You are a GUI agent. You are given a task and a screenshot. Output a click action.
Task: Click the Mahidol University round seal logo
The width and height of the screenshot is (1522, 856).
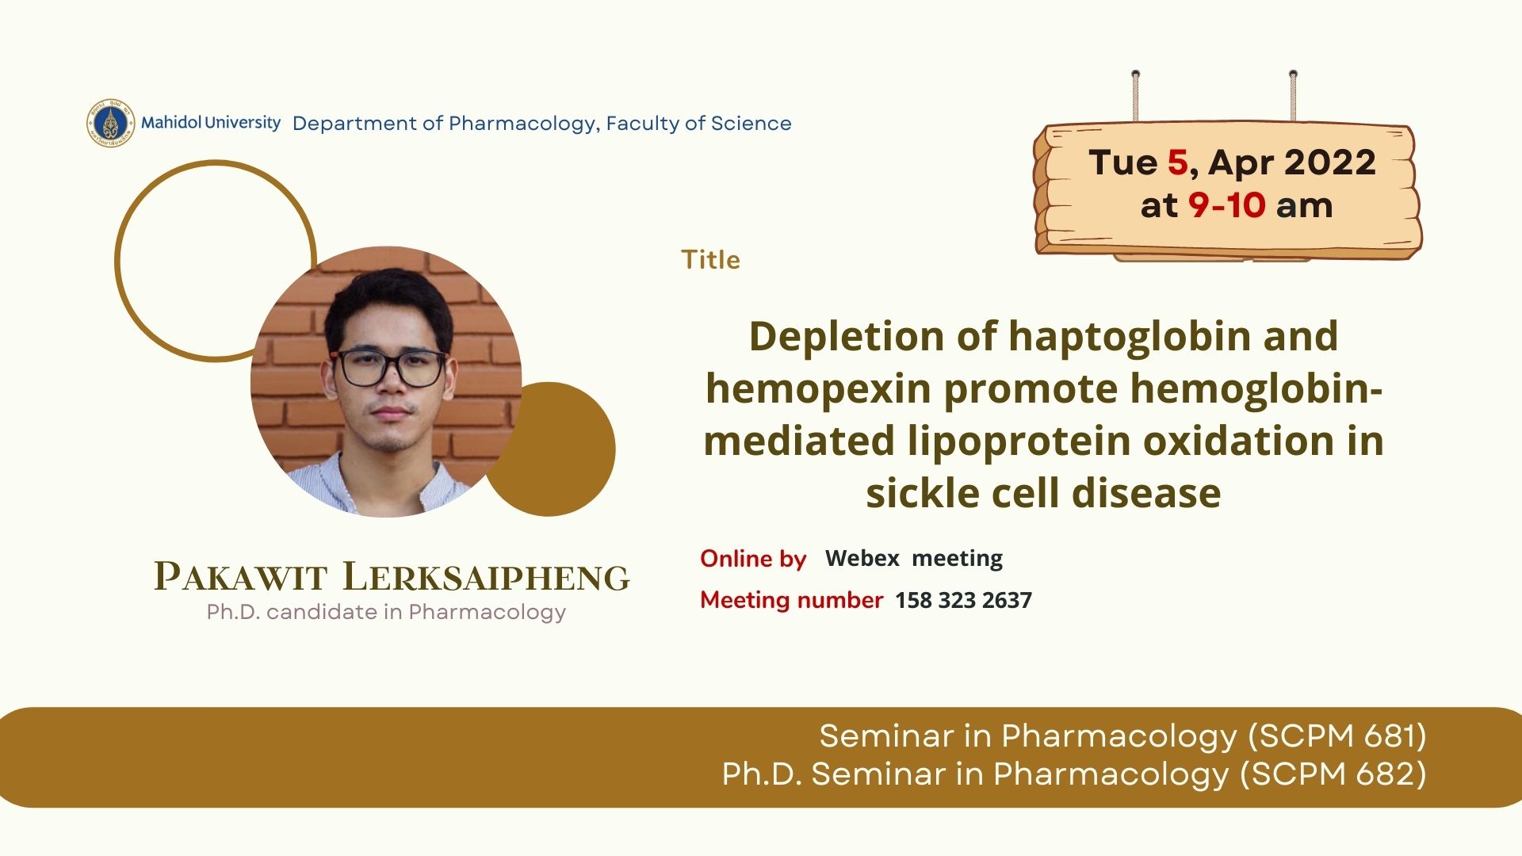point(111,124)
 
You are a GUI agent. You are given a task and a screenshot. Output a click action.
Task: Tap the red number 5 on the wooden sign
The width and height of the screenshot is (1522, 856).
point(1177,162)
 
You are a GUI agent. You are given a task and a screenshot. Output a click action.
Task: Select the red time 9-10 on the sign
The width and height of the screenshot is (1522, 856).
point(1226,205)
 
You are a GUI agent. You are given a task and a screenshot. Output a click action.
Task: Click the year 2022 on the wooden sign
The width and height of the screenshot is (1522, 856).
point(1330,162)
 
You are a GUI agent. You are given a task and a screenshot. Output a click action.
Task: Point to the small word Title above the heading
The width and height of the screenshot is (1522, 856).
point(710,260)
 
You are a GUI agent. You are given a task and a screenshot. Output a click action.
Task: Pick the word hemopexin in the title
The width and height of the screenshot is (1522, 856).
point(818,389)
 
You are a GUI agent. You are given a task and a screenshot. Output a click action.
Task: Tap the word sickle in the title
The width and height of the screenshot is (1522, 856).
point(922,493)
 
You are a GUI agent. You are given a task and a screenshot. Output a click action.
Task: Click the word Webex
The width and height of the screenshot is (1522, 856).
point(862,559)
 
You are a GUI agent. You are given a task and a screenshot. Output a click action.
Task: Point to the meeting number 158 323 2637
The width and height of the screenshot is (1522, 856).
point(963,600)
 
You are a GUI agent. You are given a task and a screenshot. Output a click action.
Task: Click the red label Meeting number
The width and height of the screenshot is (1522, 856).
point(791,600)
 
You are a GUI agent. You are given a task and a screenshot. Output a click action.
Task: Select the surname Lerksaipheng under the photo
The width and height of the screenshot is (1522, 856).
point(486,576)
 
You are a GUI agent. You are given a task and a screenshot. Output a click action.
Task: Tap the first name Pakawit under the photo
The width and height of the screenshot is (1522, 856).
point(240,576)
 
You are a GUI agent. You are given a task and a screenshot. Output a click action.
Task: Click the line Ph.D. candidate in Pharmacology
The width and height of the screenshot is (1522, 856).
point(386,612)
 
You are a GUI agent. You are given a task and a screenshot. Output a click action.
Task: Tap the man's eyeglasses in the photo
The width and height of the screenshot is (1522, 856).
point(390,368)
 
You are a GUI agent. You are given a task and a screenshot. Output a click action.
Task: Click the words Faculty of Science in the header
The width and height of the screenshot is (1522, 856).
point(698,124)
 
